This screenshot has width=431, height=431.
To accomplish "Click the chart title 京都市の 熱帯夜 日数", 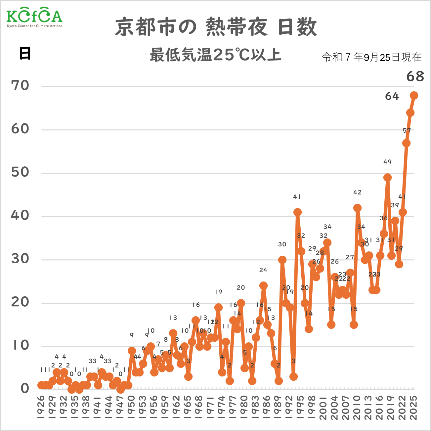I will click(216, 27).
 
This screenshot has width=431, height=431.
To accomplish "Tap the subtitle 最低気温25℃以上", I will click(215, 55).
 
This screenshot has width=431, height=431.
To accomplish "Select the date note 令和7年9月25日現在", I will click(372, 57).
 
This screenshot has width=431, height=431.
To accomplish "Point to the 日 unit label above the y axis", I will click(25, 53).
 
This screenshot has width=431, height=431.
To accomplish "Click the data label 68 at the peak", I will click(415, 76).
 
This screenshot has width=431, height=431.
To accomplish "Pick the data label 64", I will click(392, 96).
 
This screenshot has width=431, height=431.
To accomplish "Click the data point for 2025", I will click(414, 96).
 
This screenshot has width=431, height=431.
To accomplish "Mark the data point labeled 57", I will click(406, 143).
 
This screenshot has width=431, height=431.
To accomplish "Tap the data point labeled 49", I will click(388, 178).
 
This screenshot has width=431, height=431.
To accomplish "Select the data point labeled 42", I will click(357, 208).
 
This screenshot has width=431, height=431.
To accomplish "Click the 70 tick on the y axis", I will click(20, 86).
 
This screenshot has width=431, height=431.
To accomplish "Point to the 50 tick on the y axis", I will click(20, 172).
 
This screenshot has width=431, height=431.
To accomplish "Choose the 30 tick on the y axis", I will click(20, 259).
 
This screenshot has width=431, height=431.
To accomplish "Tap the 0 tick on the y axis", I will click(25, 389).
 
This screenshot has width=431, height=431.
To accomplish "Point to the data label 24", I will click(263, 270).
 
